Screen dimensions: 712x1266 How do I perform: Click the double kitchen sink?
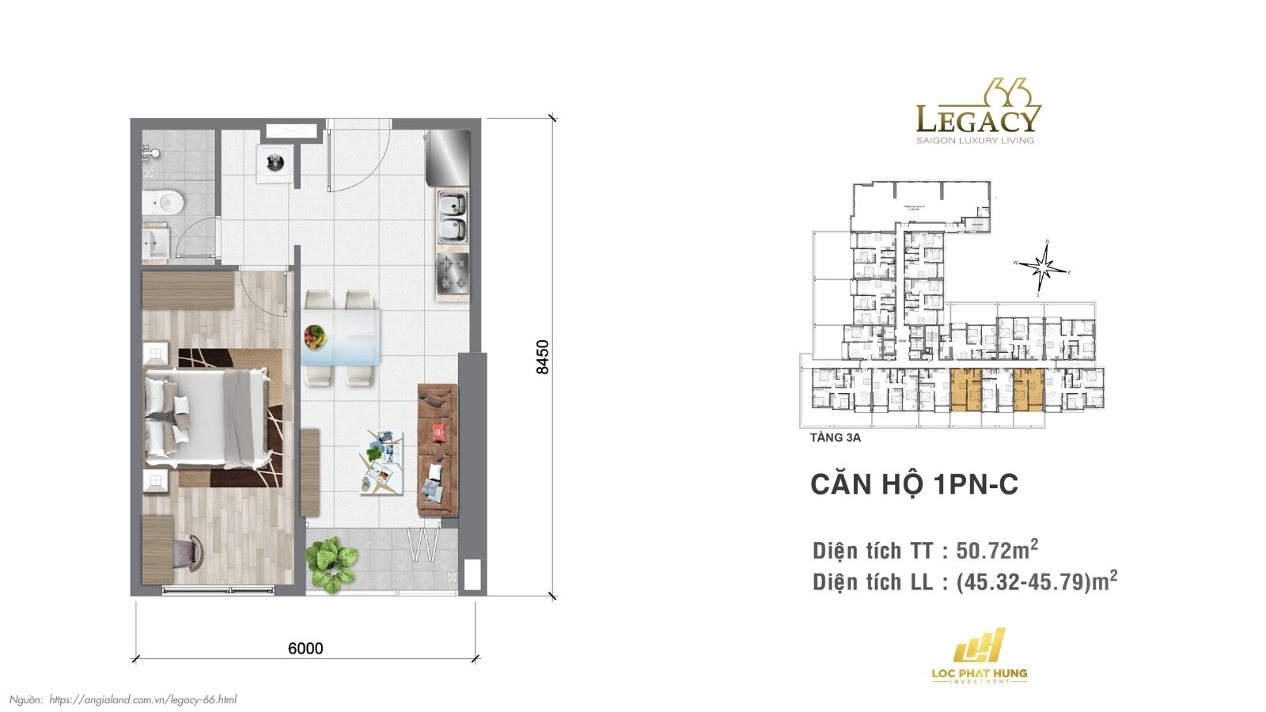(453, 218)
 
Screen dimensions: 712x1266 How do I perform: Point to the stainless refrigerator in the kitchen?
(448, 157)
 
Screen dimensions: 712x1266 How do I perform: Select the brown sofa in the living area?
(438, 449)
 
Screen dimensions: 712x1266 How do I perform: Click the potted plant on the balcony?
(332, 562)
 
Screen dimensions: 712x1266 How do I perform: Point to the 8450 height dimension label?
(542, 357)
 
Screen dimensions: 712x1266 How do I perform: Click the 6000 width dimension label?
(305, 649)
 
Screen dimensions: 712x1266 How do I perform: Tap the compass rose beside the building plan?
(1044, 268)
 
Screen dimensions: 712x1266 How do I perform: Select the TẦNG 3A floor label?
(836, 437)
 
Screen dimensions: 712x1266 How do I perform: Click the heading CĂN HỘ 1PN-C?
(914, 484)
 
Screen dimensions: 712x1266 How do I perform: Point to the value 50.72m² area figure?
(997, 550)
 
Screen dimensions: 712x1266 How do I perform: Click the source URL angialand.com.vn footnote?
(142, 699)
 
